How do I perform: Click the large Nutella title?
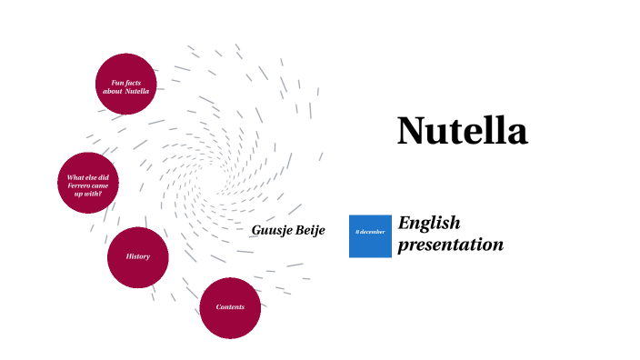coord(462,131)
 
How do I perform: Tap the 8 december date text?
coord(370,232)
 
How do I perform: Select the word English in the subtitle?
coord(429,224)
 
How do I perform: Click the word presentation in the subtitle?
coord(450,245)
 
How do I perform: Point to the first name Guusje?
coord(271,230)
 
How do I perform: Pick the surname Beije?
coord(309,230)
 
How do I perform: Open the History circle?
coord(138,257)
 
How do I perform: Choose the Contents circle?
coord(230,307)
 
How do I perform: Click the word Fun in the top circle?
coord(105,82)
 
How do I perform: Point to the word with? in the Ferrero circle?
coord(94,194)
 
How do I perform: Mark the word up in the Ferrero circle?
coord(79,194)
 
